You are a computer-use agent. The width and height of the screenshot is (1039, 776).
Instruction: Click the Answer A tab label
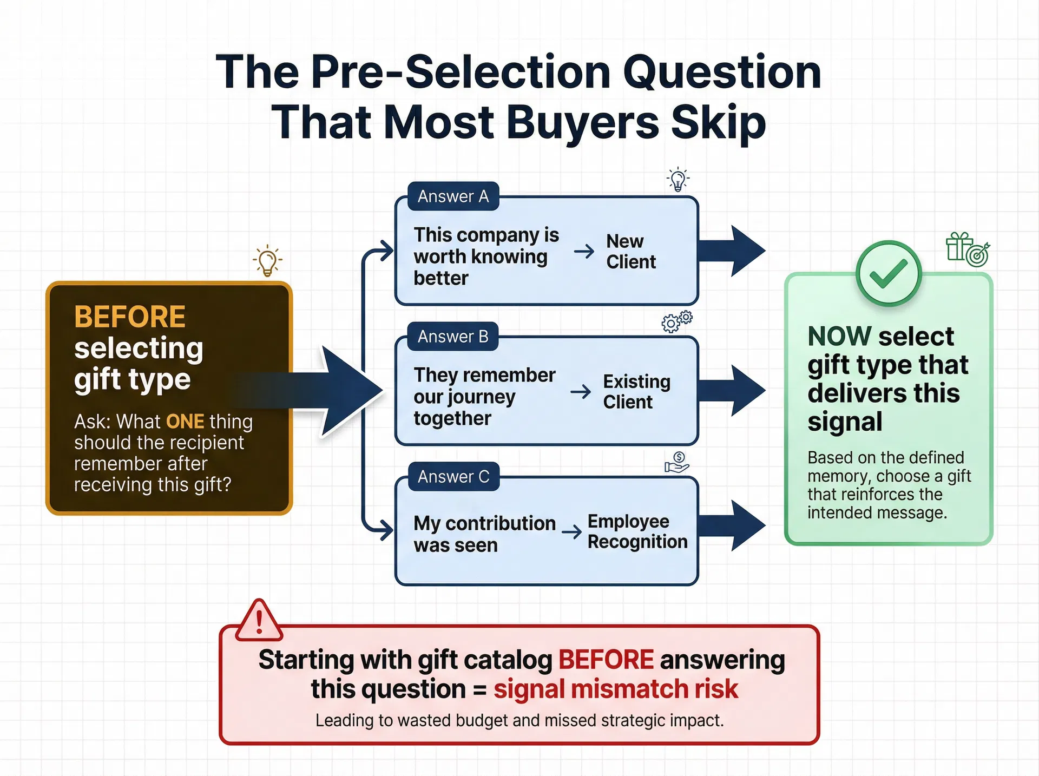pyautogui.click(x=453, y=196)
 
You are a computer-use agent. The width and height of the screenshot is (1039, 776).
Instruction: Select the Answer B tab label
pyautogui.click(x=453, y=337)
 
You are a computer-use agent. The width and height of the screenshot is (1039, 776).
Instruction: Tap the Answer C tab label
pyautogui.click(x=453, y=477)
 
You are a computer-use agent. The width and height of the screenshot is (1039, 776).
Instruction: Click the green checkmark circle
pyautogui.click(x=888, y=274)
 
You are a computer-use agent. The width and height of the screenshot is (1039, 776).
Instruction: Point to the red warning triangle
pyautogui.click(x=259, y=620)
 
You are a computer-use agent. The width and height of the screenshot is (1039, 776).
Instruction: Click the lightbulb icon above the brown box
pyautogui.click(x=267, y=261)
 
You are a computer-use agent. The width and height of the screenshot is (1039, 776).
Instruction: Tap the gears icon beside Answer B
pyautogui.click(x=676, y=321)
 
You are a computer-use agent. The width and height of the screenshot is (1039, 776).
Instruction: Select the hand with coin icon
pyautogui.click(x=676, y=463)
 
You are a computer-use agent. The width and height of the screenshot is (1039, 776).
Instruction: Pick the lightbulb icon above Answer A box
pyautogui.click(x=678, y=180)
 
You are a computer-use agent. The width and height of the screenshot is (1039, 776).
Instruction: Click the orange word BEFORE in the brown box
pyautogui.click(x=130, y=317)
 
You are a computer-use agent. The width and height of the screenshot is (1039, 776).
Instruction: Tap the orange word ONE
pyautogui.click(x=185, y=422)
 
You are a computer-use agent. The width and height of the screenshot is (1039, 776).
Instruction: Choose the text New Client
pyautogui.click(x=631, y=252)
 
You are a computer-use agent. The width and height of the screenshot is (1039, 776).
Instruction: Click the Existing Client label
pyautogui.click(x=637, y=392)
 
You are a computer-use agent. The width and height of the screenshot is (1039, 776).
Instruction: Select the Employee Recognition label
pyautogui.click(x=637, y=531)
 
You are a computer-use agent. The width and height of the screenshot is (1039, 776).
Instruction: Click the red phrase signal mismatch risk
pyautogui.click(x=616, y=689)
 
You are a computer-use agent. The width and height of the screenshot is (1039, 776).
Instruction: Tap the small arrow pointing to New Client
pyautogui.click(x=584, y=252)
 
